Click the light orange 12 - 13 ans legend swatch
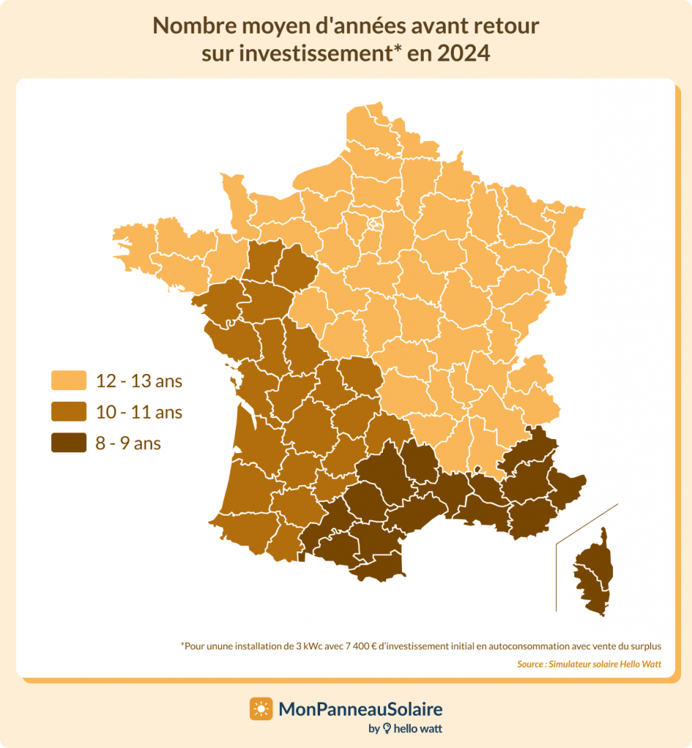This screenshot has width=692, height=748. [68, 381]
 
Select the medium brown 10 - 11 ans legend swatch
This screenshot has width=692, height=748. [68, 412]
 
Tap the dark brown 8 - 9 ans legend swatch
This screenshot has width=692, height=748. [68, 443]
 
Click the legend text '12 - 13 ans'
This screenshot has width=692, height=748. [139, 381]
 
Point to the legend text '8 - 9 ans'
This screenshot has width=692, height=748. [128, 443]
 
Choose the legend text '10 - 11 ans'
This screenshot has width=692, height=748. [139, 412]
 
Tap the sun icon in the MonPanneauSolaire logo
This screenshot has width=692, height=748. [261, 709]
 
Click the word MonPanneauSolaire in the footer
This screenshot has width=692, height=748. [361, 709]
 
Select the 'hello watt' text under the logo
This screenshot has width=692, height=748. [419, 728]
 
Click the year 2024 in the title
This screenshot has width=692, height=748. [463, 53]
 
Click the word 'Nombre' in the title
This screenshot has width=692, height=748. [187, 26]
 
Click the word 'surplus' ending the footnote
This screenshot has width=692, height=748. [644, 646]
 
